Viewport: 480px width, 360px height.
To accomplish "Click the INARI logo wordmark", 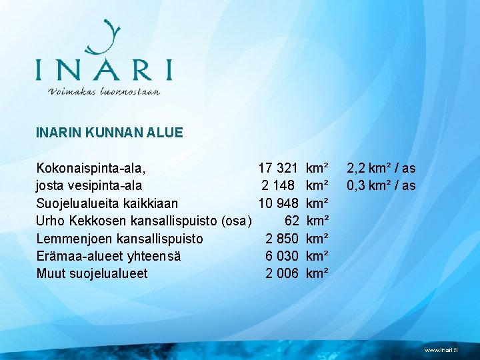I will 103,69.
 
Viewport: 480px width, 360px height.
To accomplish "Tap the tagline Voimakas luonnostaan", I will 104,91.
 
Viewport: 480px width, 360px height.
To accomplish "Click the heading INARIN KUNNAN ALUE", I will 109,133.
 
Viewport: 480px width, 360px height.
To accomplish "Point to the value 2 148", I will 279,186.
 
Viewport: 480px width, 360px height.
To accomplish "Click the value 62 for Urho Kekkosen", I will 291,221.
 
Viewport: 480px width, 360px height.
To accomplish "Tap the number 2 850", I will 281,238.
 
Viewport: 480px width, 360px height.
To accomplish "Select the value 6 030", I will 281,255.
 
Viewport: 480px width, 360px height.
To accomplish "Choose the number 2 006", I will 281,273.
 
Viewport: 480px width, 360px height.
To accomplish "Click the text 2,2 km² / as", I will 381,169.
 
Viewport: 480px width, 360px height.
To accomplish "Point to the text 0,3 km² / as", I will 381,186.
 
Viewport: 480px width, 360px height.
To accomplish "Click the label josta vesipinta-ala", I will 89,186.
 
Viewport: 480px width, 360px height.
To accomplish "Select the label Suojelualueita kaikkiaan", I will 107,203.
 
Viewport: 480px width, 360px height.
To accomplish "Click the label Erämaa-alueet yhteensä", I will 109,255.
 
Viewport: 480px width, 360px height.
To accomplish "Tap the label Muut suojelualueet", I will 92,273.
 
